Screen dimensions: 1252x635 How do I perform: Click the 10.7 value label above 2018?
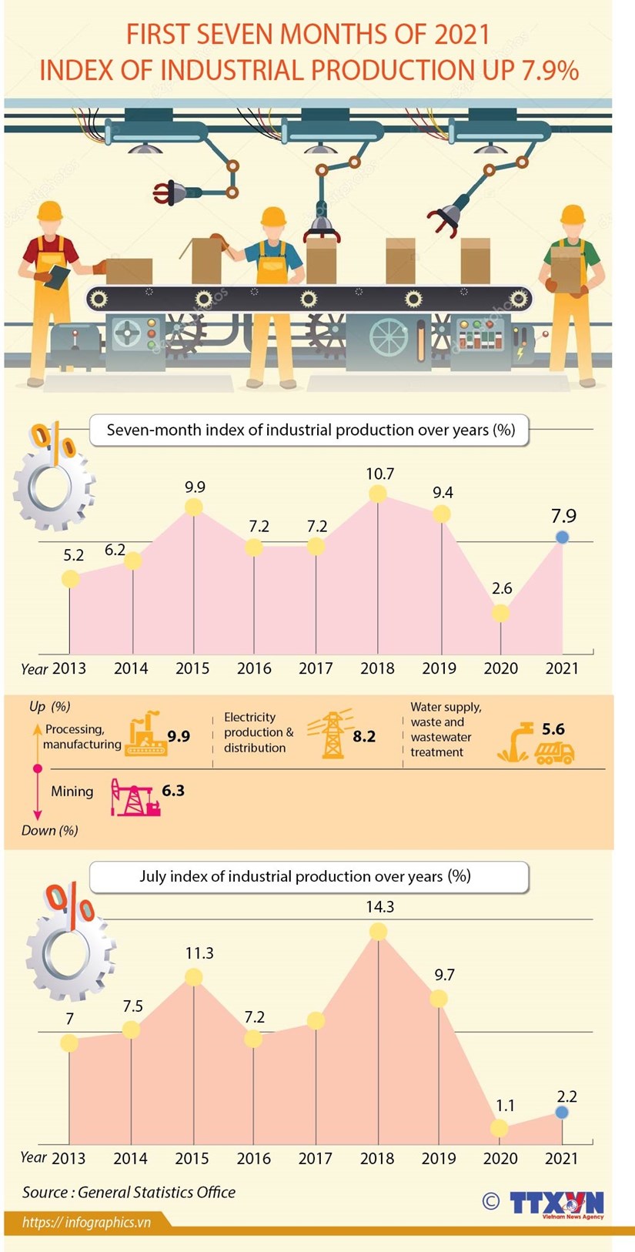379,474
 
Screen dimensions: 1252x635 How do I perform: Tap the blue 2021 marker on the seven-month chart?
562,537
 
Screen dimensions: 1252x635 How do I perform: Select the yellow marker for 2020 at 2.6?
500,613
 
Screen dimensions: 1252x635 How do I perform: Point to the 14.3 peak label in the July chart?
379,907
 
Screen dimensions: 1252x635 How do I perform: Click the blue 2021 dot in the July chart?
562,1113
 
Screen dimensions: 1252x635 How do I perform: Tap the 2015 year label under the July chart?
192,1158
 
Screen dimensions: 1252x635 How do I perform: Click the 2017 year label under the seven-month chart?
316,668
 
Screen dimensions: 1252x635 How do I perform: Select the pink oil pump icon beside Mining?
135,797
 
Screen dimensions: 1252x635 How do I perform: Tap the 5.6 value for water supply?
553,728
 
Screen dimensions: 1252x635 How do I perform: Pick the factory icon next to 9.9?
146,734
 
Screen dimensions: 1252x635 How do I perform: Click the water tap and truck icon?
536,743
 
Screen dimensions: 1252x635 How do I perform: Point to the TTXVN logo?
556,1203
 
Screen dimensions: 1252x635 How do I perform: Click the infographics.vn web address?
86,1222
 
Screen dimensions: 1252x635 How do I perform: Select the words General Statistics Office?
156,1192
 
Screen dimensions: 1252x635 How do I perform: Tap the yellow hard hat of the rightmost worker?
573,214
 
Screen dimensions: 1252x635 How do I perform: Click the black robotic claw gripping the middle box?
321,229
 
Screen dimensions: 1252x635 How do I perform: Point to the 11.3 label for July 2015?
199,953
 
